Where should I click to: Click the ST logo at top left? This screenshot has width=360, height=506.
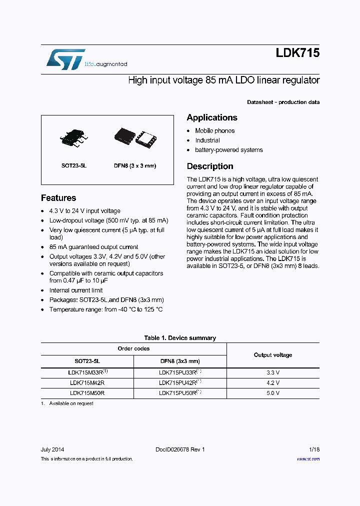coord(65,59)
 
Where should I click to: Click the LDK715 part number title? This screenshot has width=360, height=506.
coord(297,53)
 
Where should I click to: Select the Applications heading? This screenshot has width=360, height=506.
coord(212,117)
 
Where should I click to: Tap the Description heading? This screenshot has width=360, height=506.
coord(210,166)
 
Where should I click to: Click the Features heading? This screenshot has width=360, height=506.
coord(58,198)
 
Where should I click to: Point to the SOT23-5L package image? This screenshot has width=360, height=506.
coord(74,136)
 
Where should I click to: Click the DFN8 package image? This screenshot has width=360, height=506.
coord(135,136)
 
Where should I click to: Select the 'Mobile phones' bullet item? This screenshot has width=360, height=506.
coord(214,131)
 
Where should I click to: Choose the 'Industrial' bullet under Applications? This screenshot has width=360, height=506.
coord(207,140)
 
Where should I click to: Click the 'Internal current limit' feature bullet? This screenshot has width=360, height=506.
coord(76,290)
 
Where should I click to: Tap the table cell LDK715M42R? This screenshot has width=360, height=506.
coord(87,382)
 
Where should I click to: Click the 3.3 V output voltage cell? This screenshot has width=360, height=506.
coord(273,372)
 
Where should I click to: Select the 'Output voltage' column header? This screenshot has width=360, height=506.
coord(273,355)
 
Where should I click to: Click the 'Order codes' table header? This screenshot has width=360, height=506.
coord(133,348)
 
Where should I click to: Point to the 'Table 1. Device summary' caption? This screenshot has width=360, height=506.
coord(180,338)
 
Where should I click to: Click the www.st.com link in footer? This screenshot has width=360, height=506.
coord(308,459)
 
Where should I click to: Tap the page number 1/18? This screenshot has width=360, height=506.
coord(314,449)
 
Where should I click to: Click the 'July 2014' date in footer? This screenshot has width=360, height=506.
coord(52,449)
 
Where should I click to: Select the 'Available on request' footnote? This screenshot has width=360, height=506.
coord(71,403)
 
